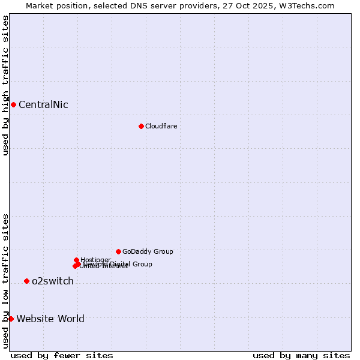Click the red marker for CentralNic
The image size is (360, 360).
pos(13,104)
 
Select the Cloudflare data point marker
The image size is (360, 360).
pos(141,126)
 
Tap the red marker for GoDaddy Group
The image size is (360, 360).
pos(118,251)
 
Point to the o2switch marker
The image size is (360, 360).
pos(26,281)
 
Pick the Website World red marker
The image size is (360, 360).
pos(11,319)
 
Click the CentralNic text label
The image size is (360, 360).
pos(43,105)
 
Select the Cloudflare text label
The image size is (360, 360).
pos(161,127)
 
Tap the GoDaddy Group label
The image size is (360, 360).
pos(148,252)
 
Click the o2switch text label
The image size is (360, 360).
pos(53,281)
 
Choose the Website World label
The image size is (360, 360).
pos(50,319)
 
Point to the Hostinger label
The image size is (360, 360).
pos(95,260)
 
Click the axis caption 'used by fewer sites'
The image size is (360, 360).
pos(62,356)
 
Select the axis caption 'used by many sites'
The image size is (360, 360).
pos(301,356)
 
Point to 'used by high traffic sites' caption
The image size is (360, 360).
pos(5,85)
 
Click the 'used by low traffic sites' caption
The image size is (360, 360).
pos(5,281)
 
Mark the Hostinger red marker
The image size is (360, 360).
pos(77,260)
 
